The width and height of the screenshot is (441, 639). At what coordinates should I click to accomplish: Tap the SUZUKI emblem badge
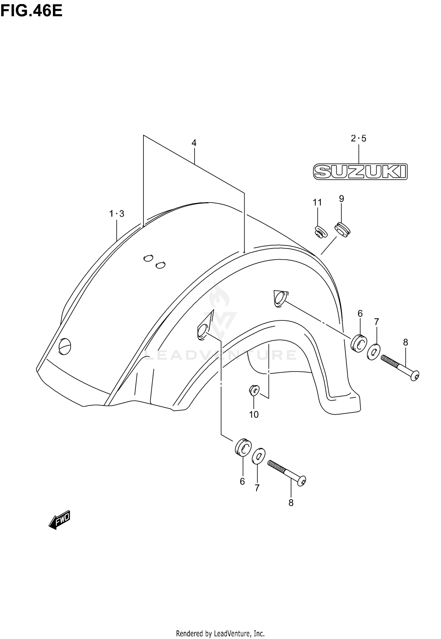(360, 172)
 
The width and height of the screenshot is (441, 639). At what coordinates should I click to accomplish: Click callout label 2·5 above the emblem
(358, 138)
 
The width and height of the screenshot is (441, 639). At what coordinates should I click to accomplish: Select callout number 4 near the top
(194, 143)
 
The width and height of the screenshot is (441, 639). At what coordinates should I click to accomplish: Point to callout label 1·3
(117, 214)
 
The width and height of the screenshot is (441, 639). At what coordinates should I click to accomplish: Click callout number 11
(317, 202)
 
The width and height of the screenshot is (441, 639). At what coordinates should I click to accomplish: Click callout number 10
(254, 415)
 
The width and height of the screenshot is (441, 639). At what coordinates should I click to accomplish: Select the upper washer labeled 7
(374, 352)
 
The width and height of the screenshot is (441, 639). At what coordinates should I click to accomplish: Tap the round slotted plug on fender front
(65, 347)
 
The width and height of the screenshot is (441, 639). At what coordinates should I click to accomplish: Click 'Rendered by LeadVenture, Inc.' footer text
(220, 633)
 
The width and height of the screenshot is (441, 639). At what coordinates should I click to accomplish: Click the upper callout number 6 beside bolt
(360, 314)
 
